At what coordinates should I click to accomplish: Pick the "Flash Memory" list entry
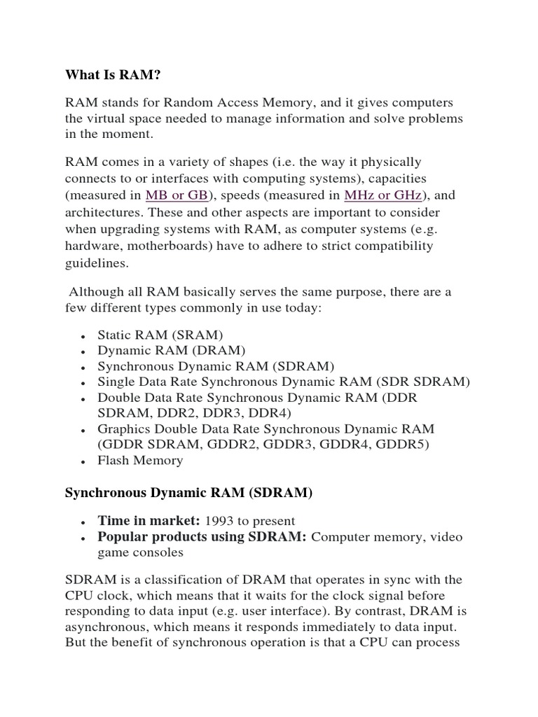[x=140, y=460]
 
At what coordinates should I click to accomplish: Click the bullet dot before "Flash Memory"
[x=83, y=461]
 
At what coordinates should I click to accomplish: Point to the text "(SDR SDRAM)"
[x=423, y=382]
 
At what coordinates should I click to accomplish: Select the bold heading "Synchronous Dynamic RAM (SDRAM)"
[x=188, y=493]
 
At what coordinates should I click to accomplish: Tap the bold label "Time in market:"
[x=149, y=520]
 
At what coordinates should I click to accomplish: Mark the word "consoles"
[x=160, y=552]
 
